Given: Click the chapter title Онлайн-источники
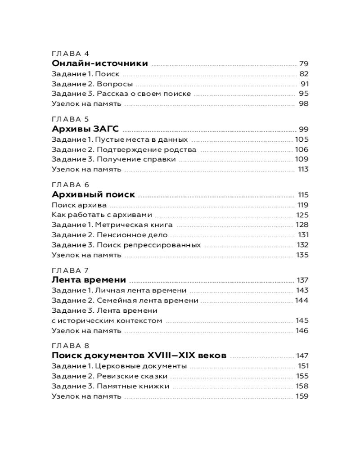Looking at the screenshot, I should tap(100, 63).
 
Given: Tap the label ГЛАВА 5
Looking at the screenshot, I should tap(71, 119).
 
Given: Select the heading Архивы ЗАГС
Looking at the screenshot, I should tap(85, 129).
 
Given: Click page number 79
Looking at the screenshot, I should tap(303, 64).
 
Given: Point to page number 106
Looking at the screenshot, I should tap(301, 149).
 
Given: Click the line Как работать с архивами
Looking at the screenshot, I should tap(102, 215).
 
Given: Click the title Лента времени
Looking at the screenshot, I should tap(89, 280).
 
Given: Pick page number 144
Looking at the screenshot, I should tap(301, 300).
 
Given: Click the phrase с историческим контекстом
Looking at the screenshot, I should tap(106, 321).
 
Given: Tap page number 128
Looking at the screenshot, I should tap(302, 225).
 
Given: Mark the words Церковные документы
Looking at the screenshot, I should tap(145, 366).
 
